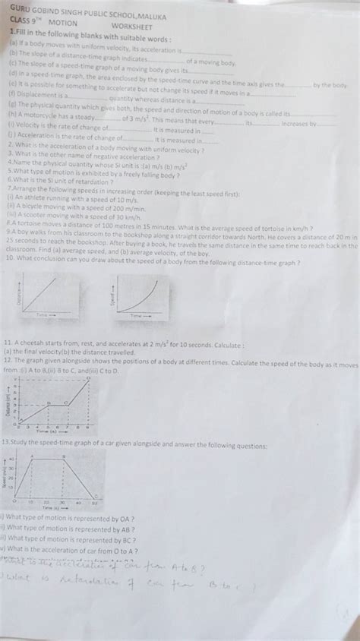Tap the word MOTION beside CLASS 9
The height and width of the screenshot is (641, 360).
click(63, 24)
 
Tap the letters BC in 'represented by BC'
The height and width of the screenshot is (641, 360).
click(127, 538)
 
